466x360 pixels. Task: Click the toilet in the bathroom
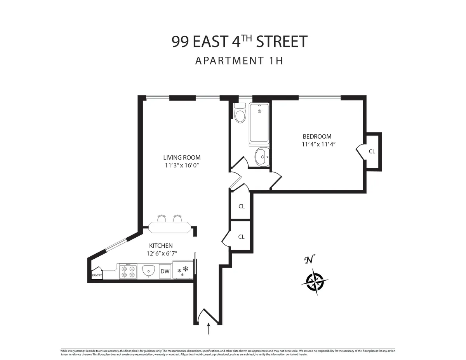pyautogui.click(x=240, y=113)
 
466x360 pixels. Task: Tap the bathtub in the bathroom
pyautogui.click(x=259, y=123)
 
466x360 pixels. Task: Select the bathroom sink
pyautogui.click(x=262, y=157)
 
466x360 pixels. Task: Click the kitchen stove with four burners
pyautogui.click(x=128, y=271)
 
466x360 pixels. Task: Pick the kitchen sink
pyautogui.click(x=148, y=271)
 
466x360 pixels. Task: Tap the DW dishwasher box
pyautogui.click(x=165, y=271)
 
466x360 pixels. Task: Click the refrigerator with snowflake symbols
pyautogui.click(x=182, y=270)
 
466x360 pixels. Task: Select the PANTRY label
pyautogui.click(x=97, y=276)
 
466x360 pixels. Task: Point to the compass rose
pyautogui.click(x=315, y=281)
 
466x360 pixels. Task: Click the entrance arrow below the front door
pyautogui.click(x=209, y=329)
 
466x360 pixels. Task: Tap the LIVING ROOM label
pyautogui.click(x=182, y=158)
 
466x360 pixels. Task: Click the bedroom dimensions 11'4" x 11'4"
pyautogui.click(x=318, y=144)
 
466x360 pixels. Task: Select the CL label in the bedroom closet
pyautogui.click(x=372, y=151)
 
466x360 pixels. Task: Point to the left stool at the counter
pyautogui.click(x=162, y=219)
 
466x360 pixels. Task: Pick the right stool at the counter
pyautogui.click(x=178, y=219)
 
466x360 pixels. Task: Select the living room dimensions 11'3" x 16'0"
pyautogui.click(x=182, y=165)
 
